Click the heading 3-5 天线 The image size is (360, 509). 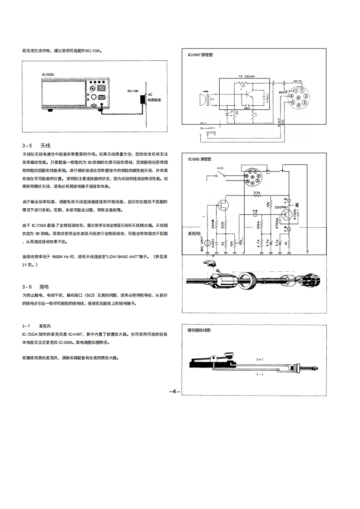[x=35, y=146]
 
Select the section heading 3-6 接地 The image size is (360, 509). [x=35, y=287]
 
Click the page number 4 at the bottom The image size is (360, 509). [x=174, y=391]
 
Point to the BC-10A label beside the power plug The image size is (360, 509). [x=133, y=91]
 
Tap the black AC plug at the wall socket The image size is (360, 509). [x=143, y=98]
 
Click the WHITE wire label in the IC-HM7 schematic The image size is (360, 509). [x=297, y=81]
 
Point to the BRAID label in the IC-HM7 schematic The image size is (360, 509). [x=283, y=93]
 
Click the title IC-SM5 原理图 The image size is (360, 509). [x=200, y=159]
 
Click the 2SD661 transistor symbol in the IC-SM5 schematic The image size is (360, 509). [x=285, y=215]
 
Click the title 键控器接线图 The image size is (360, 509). [x=199, y=331]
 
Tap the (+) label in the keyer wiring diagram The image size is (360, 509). [x=260, y=359]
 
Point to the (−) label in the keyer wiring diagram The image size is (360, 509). [x=260, y=374]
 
